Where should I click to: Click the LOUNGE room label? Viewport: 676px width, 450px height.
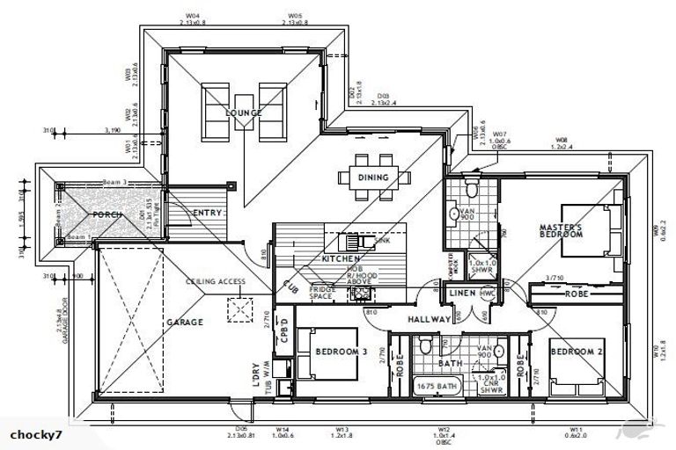point(243,113)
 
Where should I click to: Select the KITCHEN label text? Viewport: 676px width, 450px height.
point(341,260)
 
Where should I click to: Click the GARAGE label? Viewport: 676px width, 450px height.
point(185,323)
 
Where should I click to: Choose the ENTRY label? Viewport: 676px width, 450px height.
point(206,213)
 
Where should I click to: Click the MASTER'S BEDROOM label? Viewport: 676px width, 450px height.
point(561,231)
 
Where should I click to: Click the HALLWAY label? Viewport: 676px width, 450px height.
point(429,319)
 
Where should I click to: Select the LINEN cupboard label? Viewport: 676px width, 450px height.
point(463,293)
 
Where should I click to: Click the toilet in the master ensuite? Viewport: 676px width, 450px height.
point(472,189)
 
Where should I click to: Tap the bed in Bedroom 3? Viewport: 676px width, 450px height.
point(308,353)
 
